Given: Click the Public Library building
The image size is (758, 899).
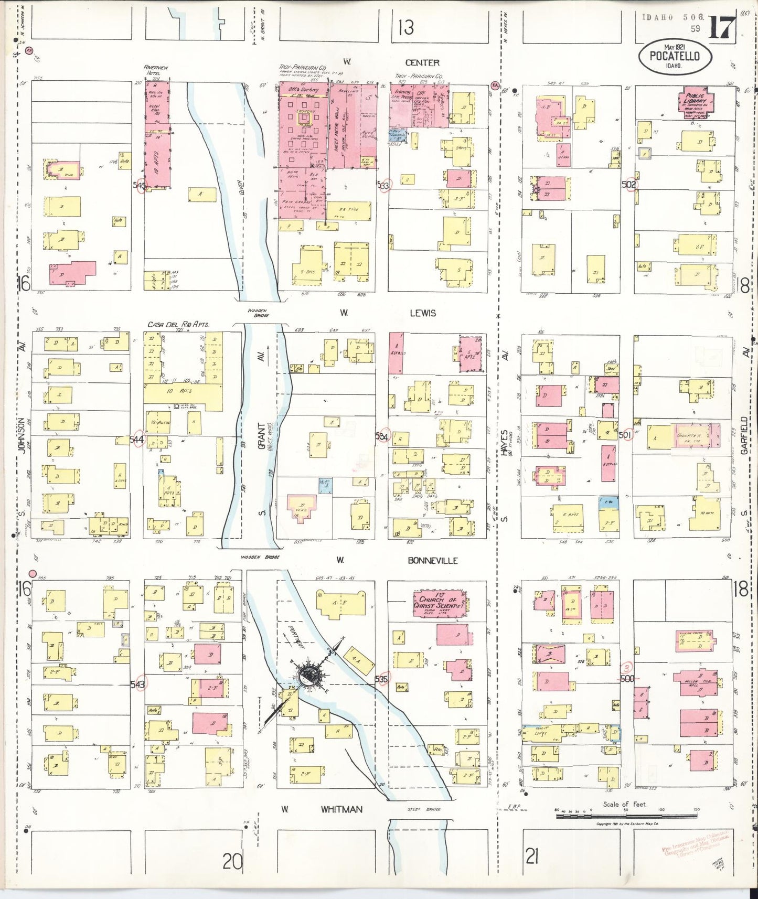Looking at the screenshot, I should [x=697, y=104].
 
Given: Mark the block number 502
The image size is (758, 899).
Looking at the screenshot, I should [x=628, y=185].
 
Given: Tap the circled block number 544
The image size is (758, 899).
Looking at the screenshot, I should [x=137, y=440].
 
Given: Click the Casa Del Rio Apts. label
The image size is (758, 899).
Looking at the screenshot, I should [x=178, y=325].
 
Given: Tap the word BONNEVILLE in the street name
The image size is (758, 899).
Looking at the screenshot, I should [x=433, y=560].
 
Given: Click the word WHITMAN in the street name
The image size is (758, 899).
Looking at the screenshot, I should [x=341, y=809].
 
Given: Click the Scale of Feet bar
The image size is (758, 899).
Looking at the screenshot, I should [x=627, y=816].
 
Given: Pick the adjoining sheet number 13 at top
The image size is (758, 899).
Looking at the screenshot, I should [x=405, y=27].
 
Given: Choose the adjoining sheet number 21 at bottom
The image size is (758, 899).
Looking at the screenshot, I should [x=532, y=858].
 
